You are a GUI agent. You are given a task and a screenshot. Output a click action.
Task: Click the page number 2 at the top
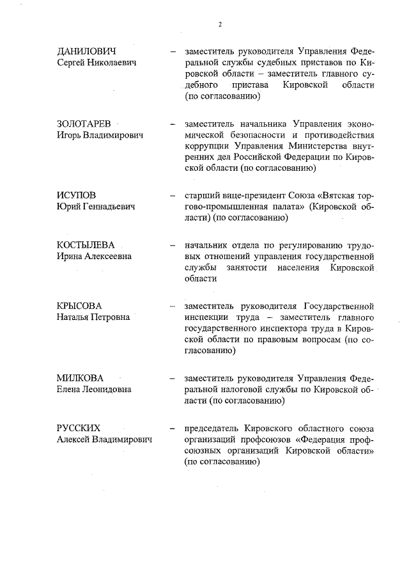coord(219,24)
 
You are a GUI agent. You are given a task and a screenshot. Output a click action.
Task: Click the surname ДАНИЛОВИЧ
coord(88,51)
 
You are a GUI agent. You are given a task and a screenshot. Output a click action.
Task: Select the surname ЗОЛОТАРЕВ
coord(84,123)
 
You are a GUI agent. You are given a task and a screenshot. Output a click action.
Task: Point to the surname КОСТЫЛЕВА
coord(89,244)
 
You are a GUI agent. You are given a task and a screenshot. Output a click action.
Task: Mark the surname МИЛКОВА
coord(81,377)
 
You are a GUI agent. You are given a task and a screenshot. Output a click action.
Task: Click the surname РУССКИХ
coord(79,427)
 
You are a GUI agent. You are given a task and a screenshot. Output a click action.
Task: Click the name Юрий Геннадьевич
coord(96,207)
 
